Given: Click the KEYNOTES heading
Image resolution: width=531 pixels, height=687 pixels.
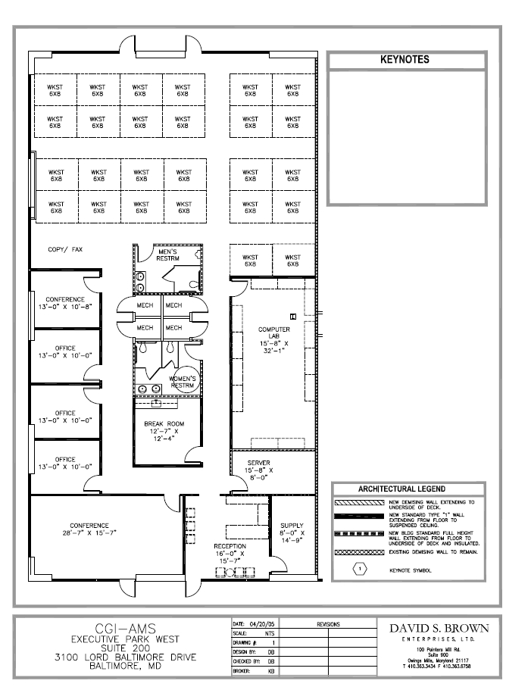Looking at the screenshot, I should [404, 59].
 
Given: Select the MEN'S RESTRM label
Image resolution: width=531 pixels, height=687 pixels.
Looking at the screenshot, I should [168, 255].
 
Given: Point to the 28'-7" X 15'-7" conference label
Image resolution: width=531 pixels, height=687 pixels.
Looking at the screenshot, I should [89, 529].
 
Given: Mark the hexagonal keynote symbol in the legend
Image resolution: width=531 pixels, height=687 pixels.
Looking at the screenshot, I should [361, 567].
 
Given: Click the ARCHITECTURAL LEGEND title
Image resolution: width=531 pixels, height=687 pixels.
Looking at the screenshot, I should [401, 489].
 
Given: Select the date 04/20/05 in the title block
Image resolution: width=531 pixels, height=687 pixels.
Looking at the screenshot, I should [261, 624].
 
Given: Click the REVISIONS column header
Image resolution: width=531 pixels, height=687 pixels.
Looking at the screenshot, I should [329, 624].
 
